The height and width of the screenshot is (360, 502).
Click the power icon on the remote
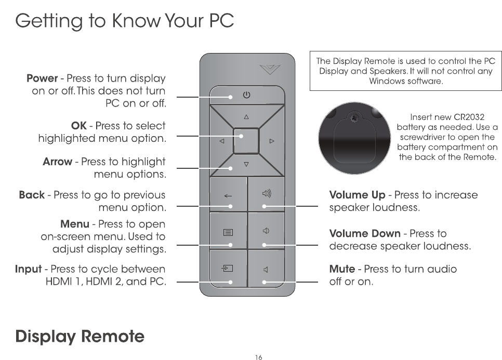click(x=246, y=95)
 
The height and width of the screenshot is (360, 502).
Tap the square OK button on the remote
click(x=246, y=140)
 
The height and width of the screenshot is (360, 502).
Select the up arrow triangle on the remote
click(x=246, y=116)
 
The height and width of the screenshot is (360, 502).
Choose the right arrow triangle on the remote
click(x=271, y=141)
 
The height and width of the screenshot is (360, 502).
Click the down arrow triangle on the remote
click(x=246, y=165)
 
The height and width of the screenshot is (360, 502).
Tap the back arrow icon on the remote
click(x=228, y=196)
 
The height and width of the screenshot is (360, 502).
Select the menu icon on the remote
click(x=228, y=232)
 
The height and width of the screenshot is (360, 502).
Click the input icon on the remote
click(x=227, y=269)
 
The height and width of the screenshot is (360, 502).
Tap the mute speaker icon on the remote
click(x=266, y=269)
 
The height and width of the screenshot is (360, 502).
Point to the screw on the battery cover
click(x=355, y=119)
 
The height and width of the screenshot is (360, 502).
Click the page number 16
click(x=259, y=357)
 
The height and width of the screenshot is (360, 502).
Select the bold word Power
click(x=42, y=78)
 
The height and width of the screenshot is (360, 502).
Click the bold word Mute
click(x=342, y=269)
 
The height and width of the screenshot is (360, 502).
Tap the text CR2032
click(x=470, y=117)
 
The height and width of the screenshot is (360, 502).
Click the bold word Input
click(x=28, y=269)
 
